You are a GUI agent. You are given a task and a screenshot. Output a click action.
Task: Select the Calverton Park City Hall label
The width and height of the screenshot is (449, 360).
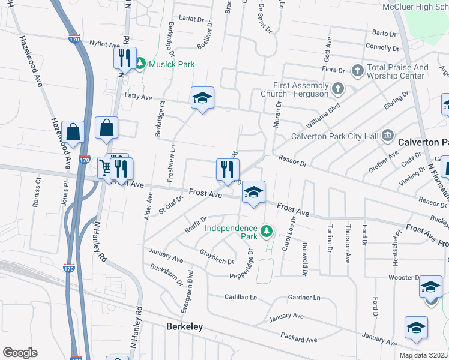click(334, 136)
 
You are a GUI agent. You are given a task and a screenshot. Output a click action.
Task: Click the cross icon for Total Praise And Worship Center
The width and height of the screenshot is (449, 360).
click(357, 71)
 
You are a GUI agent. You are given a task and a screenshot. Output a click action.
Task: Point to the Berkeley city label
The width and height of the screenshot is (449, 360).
click(184, 327)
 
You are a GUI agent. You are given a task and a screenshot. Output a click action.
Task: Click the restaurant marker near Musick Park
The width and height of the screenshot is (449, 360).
click(125, 59)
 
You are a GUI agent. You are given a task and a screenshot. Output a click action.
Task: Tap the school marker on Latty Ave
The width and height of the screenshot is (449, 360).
click(202, 98)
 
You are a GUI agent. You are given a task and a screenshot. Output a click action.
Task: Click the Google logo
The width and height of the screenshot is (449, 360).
click(20, 353)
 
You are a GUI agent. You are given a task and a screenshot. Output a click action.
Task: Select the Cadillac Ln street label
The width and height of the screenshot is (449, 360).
click(240, 297)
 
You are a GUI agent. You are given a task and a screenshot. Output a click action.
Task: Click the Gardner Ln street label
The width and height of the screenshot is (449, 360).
click(304, 298)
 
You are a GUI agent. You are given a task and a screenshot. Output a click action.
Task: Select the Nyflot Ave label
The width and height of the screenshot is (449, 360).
click(105, 43)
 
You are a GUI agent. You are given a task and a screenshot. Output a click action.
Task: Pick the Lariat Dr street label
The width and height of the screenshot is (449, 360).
click(192, 19)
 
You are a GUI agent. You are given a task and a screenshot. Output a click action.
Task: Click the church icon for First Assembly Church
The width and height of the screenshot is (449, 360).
click(338, 89)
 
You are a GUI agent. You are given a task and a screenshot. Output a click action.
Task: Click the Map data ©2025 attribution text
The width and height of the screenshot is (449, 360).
click(423, 355)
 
